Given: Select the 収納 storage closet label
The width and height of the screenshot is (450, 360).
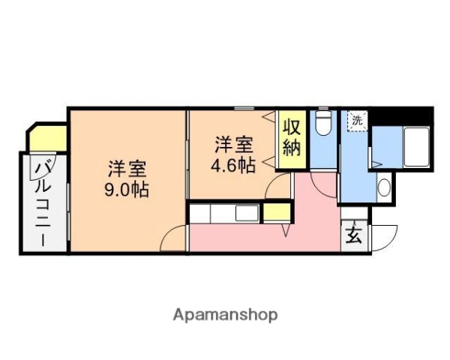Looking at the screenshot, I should [292, 135].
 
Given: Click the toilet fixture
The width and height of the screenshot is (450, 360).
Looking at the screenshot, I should [323, 124].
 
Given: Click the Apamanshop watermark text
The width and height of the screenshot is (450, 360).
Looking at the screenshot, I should [225, 315].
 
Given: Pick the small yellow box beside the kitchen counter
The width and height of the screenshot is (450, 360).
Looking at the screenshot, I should [277, 211].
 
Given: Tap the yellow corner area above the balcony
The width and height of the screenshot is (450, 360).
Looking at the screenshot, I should [49, 138].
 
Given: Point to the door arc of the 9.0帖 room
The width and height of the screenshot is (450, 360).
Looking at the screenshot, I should [174, 238].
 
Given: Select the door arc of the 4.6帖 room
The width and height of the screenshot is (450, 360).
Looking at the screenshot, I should [280, 186].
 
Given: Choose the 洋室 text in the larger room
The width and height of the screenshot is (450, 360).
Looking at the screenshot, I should [125, 167].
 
